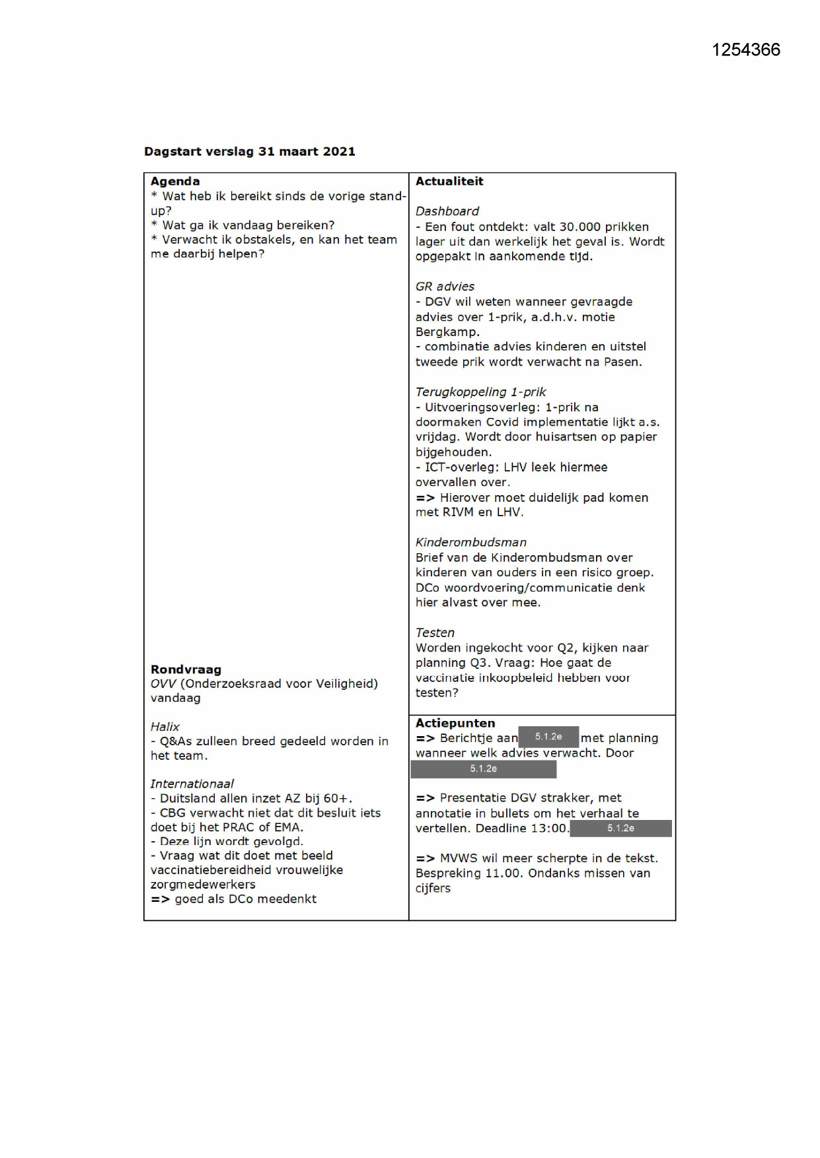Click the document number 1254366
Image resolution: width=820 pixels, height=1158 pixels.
pos(745,50)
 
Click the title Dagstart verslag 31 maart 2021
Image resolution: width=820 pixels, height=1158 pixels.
pos(249,151)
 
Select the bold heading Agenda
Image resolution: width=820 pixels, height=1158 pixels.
pos(175,182)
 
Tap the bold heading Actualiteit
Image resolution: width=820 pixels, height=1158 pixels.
pos(449,182)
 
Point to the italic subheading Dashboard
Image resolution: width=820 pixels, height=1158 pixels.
pos(447,211)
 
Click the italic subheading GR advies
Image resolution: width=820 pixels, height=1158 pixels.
pos(445,287)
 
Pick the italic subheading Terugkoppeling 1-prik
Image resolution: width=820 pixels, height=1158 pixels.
pos(480,392)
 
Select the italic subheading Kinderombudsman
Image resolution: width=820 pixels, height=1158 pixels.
pos(470,543)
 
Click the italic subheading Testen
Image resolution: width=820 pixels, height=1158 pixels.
pos(435,632)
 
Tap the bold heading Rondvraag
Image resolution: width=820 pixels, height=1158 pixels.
pos(186,669)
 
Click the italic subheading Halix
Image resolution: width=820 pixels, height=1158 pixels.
pos(165,727)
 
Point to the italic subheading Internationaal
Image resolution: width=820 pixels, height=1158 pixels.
pos(192,784)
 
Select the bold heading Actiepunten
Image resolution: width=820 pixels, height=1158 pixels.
pos(455,724)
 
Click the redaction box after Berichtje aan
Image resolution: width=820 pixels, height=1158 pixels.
pos(548,737)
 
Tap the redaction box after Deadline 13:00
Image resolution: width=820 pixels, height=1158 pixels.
pos(620,829)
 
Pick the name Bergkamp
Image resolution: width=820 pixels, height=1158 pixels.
pos(446,332)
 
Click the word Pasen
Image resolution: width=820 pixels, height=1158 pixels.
pos(623,362)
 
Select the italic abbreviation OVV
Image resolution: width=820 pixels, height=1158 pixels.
pos(163,684)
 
